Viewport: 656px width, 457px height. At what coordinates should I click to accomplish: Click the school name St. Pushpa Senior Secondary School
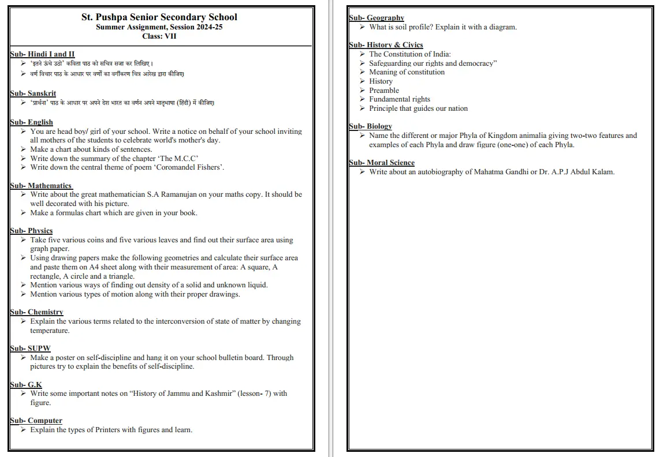pyautogui.click(x=159, y=17)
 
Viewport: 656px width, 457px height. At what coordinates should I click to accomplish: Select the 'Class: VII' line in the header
pyautogui.click(x=159, y=36)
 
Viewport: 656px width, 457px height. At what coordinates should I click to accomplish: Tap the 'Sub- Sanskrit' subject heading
pyautogui.click(x=33, y=93)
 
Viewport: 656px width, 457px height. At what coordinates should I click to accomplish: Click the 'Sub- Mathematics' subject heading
pyautogui.click(x=41, y=186)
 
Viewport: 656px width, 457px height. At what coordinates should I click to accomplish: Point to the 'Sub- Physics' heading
pyautogui.click(x=31, y=231)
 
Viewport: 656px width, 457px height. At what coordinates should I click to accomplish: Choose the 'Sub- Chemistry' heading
pyautogui.click(x=36, y=312)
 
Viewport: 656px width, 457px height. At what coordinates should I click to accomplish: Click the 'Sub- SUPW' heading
pyautogui.click(x=30, y=349)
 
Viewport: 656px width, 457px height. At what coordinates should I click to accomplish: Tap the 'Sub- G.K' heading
pyautogui.click(x=26, y=384)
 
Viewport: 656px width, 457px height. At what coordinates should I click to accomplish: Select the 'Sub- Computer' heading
pyautogui.click(x=36, y=421)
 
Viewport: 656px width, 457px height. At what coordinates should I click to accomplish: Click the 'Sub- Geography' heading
pyautogui.click(x=377, y=18)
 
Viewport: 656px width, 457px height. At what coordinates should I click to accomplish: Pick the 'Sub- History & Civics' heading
pyautogui.click(x=386, y=45)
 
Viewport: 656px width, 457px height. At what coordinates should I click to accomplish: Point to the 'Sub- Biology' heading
pyautogui.click(x=370, y=126)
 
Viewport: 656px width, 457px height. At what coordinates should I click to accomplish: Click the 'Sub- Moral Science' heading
pyautogui.click(x=382, y=163)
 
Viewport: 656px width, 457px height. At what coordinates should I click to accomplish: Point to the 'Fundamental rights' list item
pyautogui.click(x=400, y=99)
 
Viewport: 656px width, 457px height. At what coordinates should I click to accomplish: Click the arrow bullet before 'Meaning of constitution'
pyautogui.click(x=362, y=72)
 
